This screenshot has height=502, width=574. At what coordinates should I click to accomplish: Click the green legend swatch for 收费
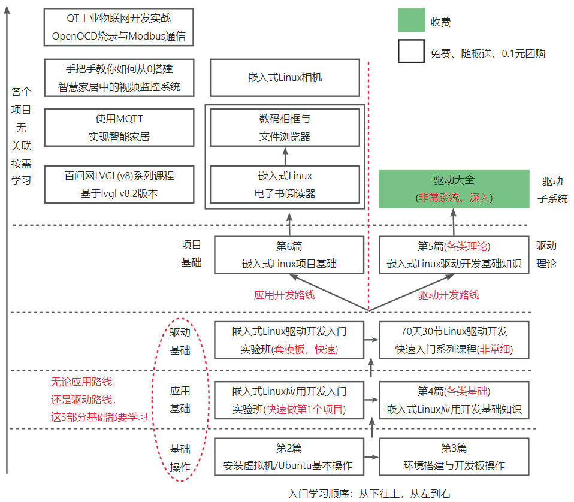tap(411, 20)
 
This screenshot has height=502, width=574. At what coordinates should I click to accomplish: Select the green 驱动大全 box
tap(454, 189)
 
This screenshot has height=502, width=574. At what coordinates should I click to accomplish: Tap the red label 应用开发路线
tap(285, 295)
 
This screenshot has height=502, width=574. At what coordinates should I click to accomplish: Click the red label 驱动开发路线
tap(448, 295)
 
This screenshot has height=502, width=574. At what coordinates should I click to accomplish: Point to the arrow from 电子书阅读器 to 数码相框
tap(285, 156)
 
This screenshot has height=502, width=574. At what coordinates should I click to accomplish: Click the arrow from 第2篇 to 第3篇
tap(371, 457)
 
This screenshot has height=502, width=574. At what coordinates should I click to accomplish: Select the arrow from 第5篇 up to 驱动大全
tap(454, 222)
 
